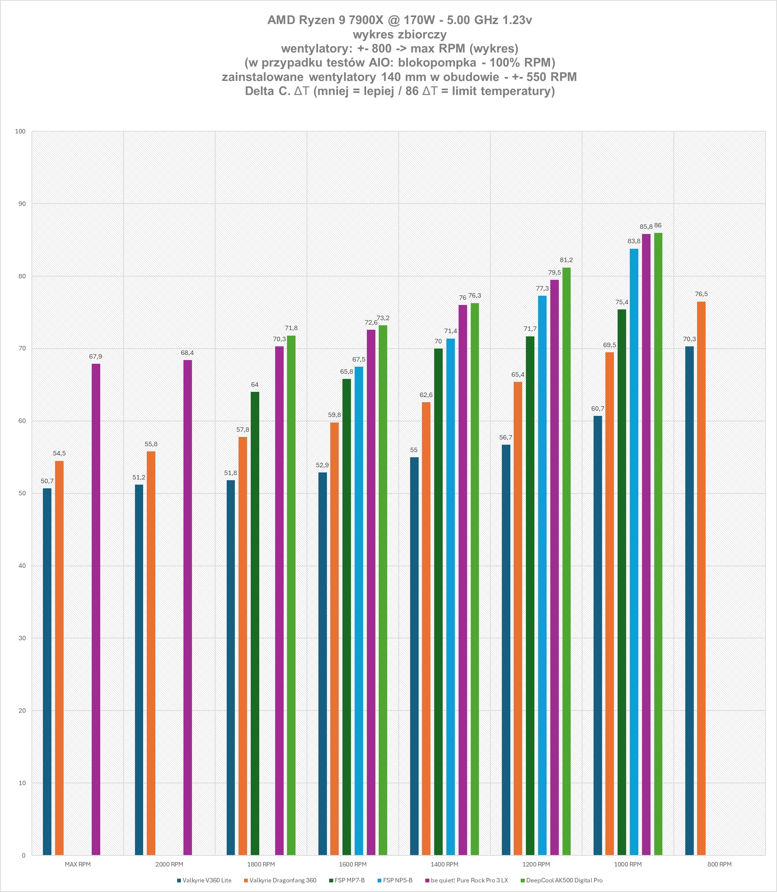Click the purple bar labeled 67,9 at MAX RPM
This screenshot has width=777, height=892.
96,609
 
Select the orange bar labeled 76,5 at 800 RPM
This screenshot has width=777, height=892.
701,578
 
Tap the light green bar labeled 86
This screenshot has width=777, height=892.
658,544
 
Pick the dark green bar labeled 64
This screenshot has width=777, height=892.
255,623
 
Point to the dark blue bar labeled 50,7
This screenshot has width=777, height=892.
47,671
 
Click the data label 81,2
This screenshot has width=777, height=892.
566,260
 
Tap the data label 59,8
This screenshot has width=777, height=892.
334,415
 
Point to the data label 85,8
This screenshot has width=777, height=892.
646,227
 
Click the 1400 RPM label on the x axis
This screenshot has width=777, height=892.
445,864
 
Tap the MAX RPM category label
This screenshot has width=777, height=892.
78,864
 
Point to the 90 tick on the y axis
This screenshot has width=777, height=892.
21,204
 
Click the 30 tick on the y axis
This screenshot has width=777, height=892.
21,638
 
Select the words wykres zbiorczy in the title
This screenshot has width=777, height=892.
399,34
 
